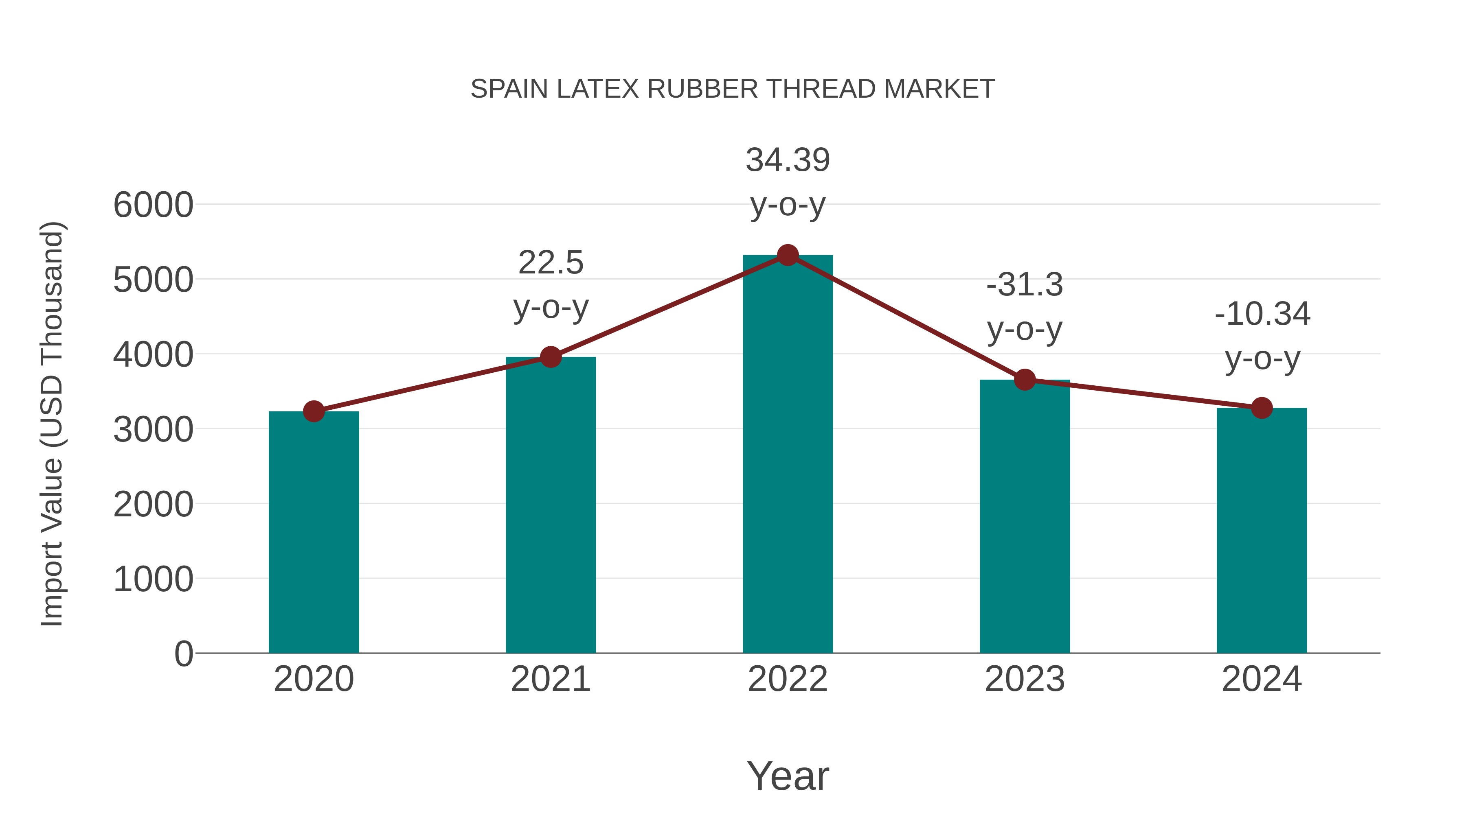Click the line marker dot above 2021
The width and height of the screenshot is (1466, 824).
pyautogui.click(x=550, y=357)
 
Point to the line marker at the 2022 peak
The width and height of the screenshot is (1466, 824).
pyautogui.click(x=788, y=255)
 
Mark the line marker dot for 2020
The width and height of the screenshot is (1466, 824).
pyautogui.click(x=314, y=411)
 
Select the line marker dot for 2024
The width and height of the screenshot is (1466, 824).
pyautogui.click(x=1262, y=408)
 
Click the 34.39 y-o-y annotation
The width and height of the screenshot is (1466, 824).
pyautogui.click(x=788, y=160)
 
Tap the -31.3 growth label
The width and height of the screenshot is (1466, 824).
pyautogui.click(x=1025, y=285)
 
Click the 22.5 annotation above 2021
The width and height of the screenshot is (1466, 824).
pyautogui.click(x=550, y=263)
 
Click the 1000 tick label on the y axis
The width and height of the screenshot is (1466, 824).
pyautogui.click(x=153, y=579)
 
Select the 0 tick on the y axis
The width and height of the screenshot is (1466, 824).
pyautogui.click(x=183, y=654)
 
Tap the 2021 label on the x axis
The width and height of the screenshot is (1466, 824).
pyautogui.click(x=550, y=679)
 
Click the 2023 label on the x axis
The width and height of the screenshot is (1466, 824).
pyautogui.click(x=1025, y=679)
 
